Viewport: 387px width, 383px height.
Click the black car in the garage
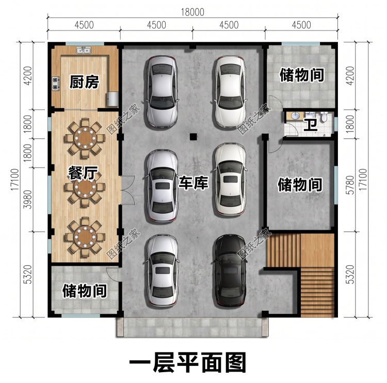pos(231,270)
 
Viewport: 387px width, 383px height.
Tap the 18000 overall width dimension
pos(192,12)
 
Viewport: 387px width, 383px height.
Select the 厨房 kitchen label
pos(84,82)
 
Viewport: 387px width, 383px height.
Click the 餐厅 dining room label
pos(83,173)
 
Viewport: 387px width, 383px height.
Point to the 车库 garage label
pos(193,183)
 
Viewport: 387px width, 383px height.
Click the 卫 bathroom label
pos(311,125)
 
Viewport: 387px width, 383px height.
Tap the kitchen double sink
pos(84,50)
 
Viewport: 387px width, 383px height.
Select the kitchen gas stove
pos(56,83)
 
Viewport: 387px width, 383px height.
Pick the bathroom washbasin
pos(295,116)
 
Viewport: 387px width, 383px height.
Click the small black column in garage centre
pos(193,137)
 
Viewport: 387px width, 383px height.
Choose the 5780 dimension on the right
pos(350,185)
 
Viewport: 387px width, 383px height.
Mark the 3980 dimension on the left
pos(28,200)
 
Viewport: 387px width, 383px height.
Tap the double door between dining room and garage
pos(127,190)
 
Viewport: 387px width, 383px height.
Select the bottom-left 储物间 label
pos(85,291)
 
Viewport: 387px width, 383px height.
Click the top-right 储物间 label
pos(302,75)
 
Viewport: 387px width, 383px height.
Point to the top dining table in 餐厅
pos(85,138)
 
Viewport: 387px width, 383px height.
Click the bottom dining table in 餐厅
pos(85,237)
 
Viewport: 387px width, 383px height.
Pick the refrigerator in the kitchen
pos(113,99)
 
